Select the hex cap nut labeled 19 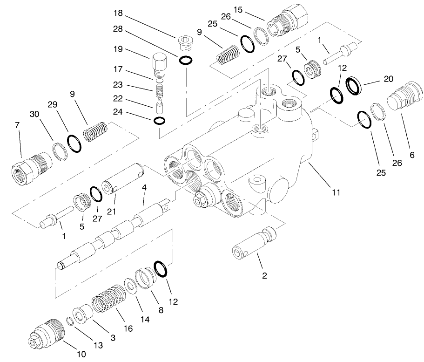pyautogui.click(x=159, y=65)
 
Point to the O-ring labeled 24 pyautogui.click(x=159, y=121)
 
